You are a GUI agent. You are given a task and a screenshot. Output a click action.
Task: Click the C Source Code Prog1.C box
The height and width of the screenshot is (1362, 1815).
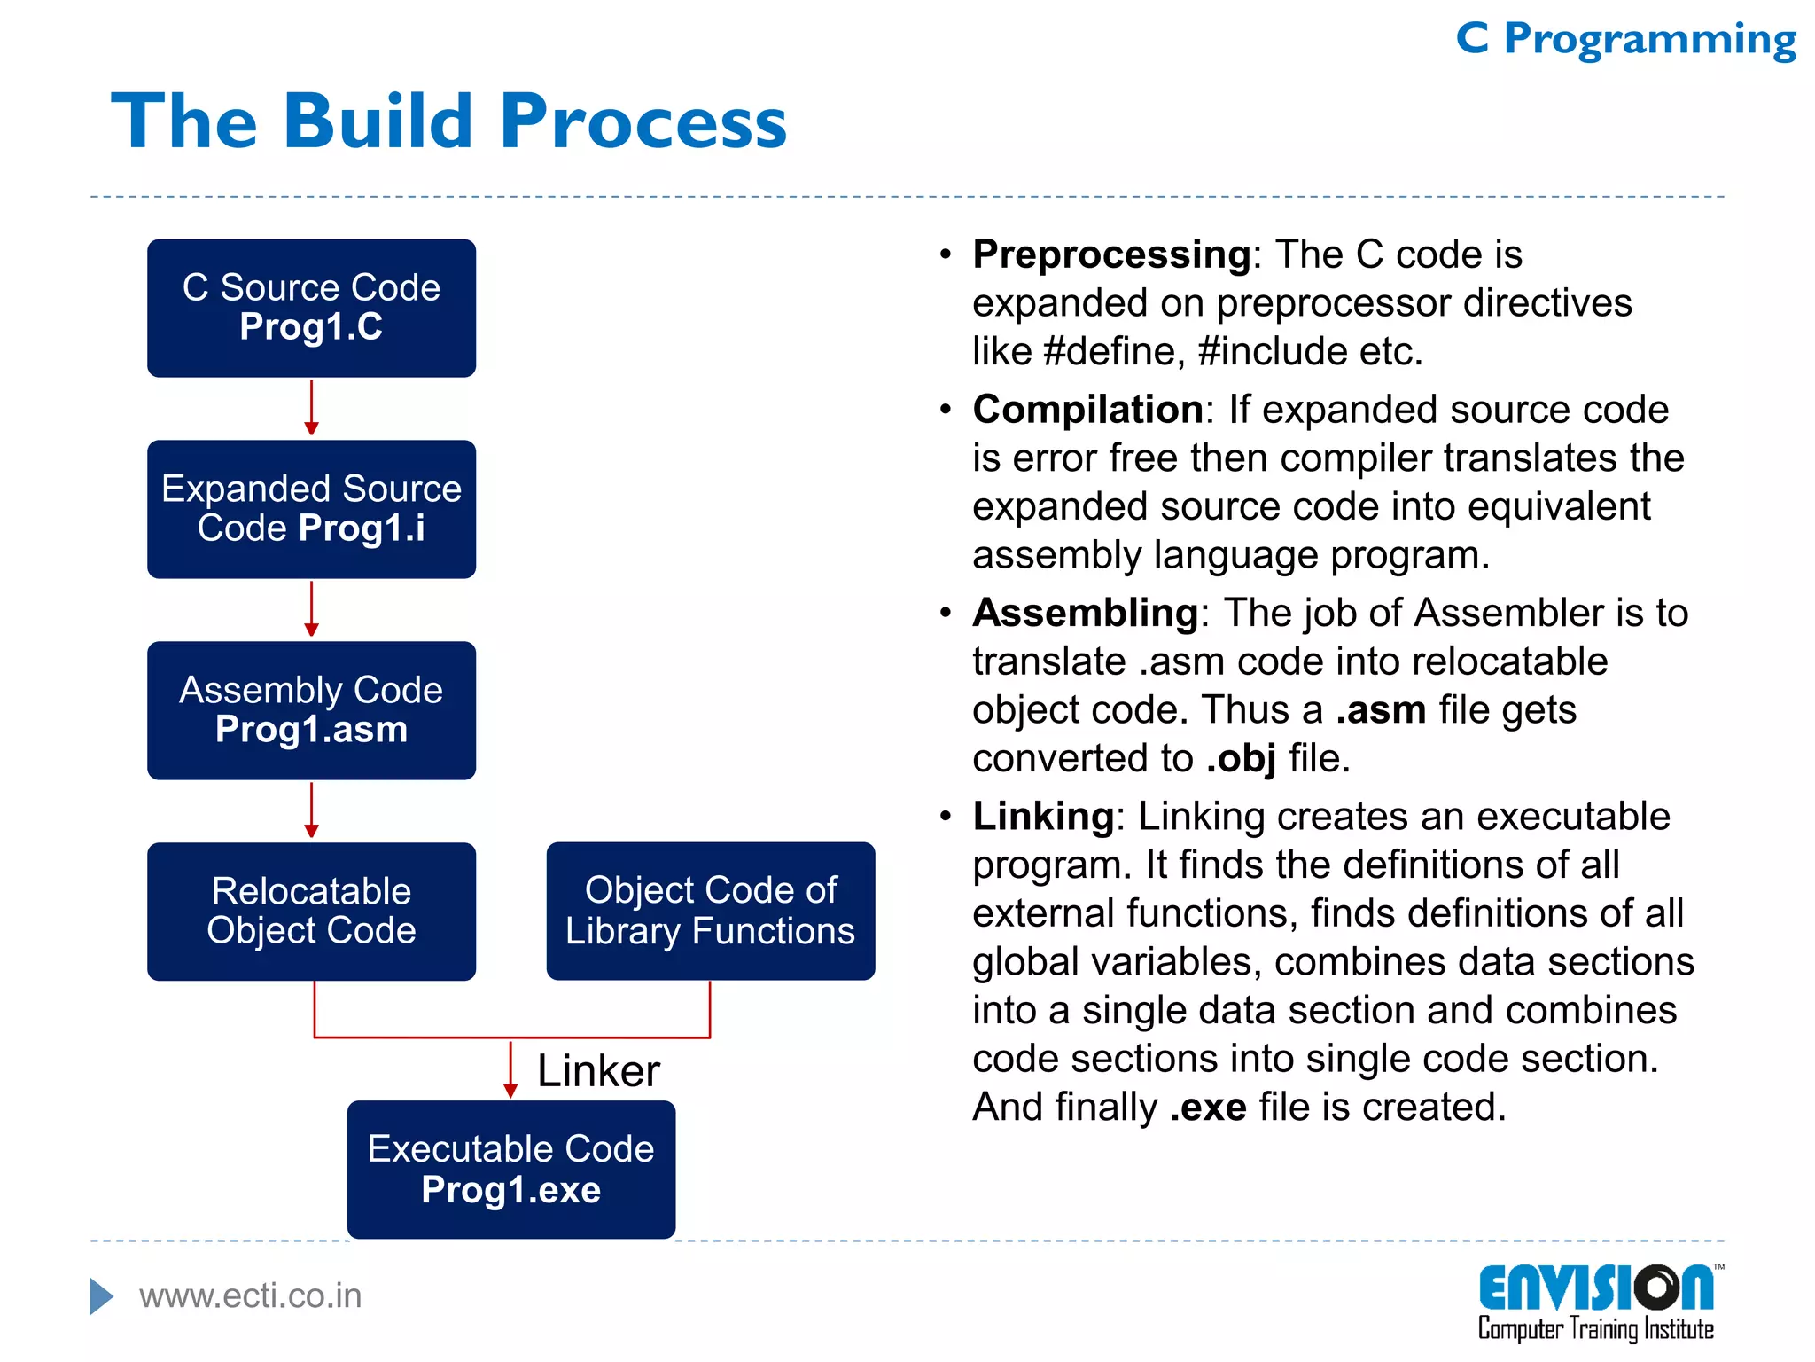311,308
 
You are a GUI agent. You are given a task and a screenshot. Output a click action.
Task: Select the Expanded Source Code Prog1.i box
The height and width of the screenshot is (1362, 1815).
311,509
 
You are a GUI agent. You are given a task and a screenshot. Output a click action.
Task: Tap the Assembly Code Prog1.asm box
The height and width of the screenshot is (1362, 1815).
311,710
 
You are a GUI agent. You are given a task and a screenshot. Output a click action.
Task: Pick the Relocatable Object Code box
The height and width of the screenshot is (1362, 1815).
311,912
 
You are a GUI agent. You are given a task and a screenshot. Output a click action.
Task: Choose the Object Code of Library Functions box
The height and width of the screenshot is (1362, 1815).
710,911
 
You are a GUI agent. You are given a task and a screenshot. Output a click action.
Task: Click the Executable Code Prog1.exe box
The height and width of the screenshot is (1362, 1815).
510,1169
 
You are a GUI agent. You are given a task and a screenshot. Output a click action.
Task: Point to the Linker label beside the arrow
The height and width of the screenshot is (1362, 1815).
598,1071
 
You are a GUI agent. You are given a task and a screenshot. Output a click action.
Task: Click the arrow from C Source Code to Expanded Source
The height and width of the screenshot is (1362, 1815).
311,408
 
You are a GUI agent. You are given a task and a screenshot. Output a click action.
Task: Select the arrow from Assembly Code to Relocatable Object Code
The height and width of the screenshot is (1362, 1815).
311,810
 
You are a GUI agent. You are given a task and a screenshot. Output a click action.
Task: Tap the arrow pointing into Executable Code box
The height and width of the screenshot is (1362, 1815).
510,1070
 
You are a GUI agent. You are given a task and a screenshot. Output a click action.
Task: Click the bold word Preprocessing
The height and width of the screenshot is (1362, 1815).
1111,255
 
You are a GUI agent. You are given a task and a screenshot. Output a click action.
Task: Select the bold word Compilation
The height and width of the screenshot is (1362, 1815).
1087,410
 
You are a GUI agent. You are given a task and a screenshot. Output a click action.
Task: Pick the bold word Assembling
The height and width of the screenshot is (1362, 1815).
1085,613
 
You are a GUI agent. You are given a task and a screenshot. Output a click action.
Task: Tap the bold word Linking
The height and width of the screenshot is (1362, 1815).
1042,816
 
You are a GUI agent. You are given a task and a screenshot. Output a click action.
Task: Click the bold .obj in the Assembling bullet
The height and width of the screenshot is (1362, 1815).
1241,759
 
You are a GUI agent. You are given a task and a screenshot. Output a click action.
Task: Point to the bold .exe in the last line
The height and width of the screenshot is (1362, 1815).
1208,1108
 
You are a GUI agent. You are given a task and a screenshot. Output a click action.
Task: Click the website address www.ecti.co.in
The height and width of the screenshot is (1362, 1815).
250,1296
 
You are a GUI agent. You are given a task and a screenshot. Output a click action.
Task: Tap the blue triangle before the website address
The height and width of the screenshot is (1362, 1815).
101,1296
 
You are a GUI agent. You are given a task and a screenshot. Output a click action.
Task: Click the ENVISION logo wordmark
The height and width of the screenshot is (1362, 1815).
1595,1288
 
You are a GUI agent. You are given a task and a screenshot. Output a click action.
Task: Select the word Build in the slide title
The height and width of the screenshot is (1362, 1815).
378,121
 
